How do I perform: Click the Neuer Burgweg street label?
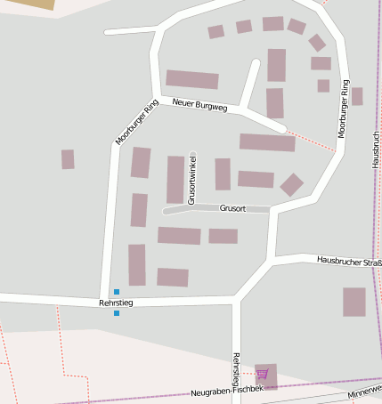tap(200, 106)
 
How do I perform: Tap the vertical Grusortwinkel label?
tap(192, 179)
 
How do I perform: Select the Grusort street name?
tap(232, 208)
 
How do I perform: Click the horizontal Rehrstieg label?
tap(116, 303)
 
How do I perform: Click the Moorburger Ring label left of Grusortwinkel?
tap(136, 122)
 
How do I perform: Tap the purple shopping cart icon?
tap(262, 375)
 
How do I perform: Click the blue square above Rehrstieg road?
tap(116, 292)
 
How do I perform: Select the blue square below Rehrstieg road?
tap(116, 313)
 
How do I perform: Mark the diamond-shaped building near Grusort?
tap(291, 184)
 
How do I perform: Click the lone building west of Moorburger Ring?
tap(68, 159)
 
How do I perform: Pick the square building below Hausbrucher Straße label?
tap(354, 302)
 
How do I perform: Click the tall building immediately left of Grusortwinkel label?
tap(175, 179)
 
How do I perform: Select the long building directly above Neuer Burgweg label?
tap(192, 79)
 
